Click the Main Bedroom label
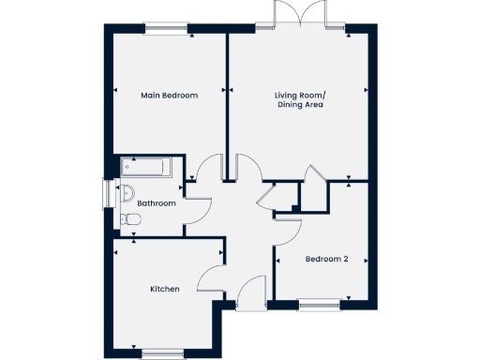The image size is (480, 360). (169, 95)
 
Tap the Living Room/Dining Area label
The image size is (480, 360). (300, 99)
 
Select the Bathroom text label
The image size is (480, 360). (157, 202)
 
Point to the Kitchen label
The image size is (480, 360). (165, 289)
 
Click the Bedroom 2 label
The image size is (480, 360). (327, 259)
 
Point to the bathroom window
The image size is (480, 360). (106, 195)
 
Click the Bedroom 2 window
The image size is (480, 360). (319, 304)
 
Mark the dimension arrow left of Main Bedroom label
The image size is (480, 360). (114, 91)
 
